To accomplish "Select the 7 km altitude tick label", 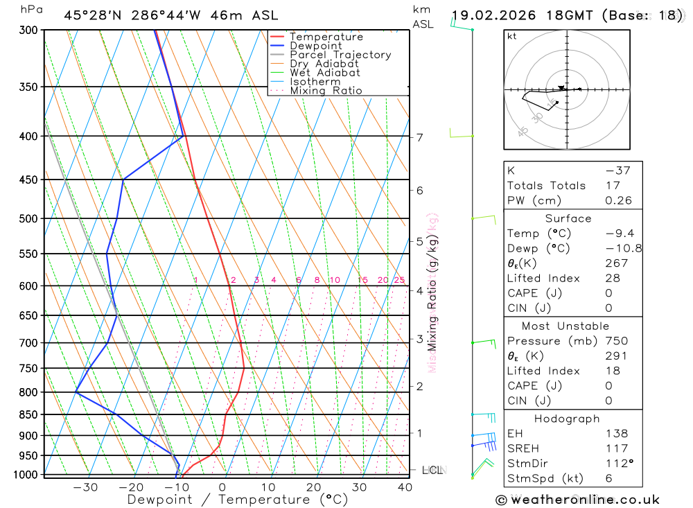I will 420,137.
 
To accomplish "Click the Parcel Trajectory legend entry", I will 340,55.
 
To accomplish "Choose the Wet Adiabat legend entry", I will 325,73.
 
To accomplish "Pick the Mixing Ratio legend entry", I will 326,91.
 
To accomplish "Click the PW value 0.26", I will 619,201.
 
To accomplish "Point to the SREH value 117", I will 615,448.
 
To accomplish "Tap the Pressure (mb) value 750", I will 616,341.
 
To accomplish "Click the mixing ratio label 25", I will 399,280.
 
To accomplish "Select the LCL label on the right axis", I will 432,471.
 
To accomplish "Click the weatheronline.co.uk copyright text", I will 577,500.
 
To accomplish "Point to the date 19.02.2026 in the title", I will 487,15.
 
